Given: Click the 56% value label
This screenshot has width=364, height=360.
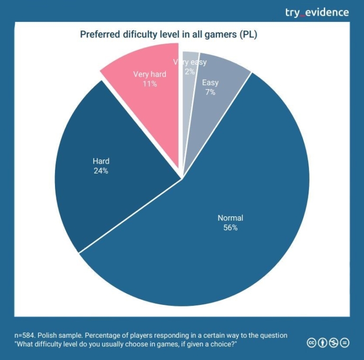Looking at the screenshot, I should [230, 228].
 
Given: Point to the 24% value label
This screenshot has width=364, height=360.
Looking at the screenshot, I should [101, 171].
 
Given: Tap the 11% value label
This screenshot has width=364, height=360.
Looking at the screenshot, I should [150, 83].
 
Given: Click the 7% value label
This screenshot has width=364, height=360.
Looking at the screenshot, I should [210, 92].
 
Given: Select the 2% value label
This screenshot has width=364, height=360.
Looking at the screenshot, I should [190, 72].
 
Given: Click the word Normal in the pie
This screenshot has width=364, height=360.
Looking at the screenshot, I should [230, 218].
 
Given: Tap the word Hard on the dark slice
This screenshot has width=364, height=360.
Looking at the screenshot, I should [101, 161].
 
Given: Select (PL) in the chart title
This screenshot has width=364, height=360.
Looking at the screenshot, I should [247, 35].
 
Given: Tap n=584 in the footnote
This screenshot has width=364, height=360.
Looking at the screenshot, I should [26, 335].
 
